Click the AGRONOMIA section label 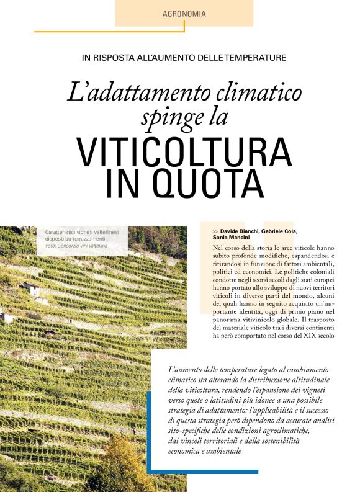[184, 13]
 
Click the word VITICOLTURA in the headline [184, 150]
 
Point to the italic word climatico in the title [255, 94]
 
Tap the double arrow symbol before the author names [215, 231]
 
